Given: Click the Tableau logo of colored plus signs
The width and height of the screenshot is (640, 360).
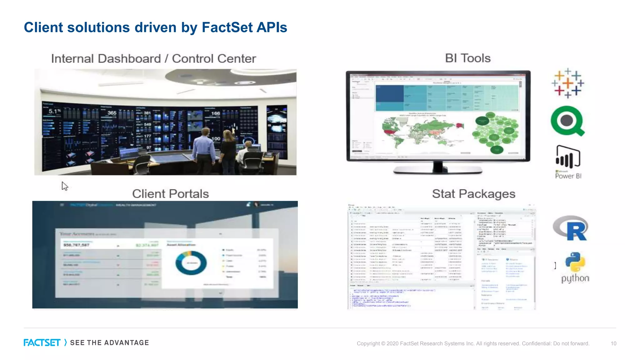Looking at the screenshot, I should (567, 83).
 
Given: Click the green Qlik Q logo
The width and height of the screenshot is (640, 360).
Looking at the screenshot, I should (567, 121).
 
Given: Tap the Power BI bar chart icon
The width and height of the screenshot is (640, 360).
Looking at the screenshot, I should (567, 157).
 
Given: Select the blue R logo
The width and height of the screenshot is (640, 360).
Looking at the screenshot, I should (571, 228).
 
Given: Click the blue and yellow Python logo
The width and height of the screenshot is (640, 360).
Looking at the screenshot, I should (575, 262).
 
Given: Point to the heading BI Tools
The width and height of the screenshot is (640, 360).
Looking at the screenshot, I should (467, 58).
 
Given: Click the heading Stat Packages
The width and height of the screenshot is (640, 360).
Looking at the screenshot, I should (473, 194).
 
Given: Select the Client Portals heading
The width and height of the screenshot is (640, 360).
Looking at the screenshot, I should (170, 194).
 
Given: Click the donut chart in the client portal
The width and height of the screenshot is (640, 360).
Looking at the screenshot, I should (191, 263).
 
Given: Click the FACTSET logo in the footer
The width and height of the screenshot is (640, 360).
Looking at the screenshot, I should (42, 343).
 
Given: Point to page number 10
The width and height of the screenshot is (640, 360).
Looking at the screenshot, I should (613, 343).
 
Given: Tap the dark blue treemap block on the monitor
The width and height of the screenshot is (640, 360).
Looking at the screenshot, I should (389, 93).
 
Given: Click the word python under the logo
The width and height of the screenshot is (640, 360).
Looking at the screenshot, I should (575, 278).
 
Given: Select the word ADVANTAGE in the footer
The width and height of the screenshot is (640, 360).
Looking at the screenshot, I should (127, 343).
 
